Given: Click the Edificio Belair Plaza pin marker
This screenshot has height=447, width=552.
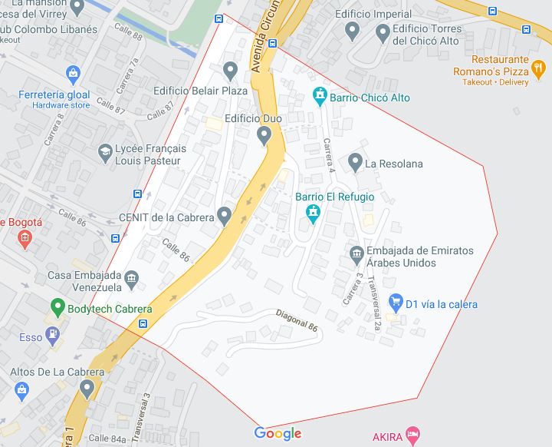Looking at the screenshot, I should pyautogui.click(x=230, y=71).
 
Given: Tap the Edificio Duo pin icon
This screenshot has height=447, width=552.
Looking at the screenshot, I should pyautogui.click(x=264, y=136).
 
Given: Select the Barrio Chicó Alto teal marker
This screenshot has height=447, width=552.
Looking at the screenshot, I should pyautogui.click(x=320, y=98).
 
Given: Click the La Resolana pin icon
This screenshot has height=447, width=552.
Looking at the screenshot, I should pyautogui.click(x=354, y=162).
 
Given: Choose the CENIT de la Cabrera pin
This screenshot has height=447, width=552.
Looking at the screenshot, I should pyautogui.click(x=224, y=216).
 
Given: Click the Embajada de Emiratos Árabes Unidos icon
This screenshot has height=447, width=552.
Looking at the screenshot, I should pyautogui.click(x=356, y=253).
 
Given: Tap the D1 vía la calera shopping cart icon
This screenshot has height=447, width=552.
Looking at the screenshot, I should pyautogui.click(x=396, y=302).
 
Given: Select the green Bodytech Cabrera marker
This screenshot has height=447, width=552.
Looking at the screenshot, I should pyautogui.click(x=56, y=308).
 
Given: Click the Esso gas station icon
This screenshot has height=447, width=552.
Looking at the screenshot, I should pyautogui.click(x=51, y=335).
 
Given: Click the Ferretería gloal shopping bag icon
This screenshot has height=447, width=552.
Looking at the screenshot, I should pyautogui.click(x=74, y=75).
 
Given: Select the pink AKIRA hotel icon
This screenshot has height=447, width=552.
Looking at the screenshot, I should pyautogui.click(x=412, y=435).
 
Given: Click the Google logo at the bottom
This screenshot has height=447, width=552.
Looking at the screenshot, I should pyautogui.click(x=278, y=433).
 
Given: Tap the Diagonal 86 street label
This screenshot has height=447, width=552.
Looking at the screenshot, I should pyautogui.click(x=297, y=320).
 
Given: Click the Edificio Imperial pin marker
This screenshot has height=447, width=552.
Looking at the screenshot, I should pyautogui.click(x=353, y=31).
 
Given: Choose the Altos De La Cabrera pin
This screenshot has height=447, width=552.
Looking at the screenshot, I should pyautogui.click(x=87, y=389).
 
